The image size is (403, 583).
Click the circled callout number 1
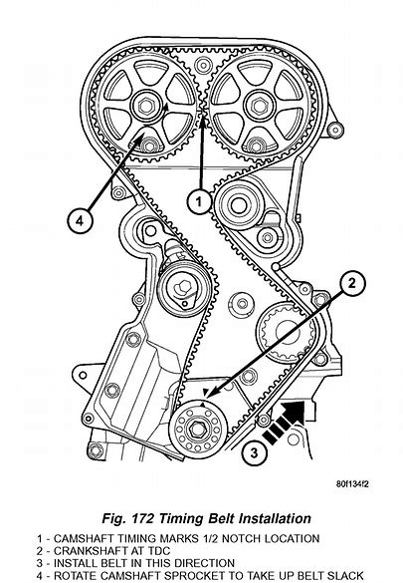(199, 202)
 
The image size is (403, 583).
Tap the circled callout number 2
(352, 283)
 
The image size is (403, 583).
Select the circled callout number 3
(254, 452)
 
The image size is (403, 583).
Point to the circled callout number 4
(80, 221)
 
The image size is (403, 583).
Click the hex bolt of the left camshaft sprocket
(146, 106)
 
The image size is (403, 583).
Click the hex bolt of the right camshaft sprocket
(259, 106)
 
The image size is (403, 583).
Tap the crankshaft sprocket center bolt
(197, 430)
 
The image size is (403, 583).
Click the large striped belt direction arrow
(285, 422)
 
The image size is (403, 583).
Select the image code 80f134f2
(352, 484)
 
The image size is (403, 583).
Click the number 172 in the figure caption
(141, 518)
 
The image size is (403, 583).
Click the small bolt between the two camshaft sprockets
(203, 66)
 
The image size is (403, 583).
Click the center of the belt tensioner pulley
(183, 287)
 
